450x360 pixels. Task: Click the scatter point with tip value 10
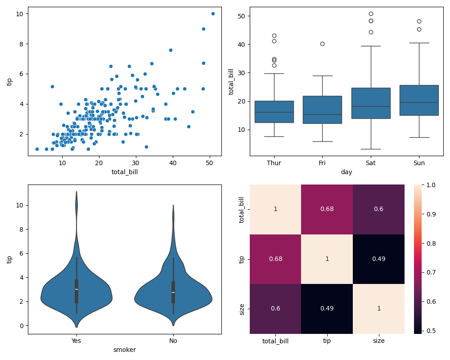pos(213,13)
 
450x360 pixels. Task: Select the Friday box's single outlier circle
pos(322,44)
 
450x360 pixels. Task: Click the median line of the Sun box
pos(419,102)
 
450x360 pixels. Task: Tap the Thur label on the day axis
pos(274,163)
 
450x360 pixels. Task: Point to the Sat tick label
pos(370,163)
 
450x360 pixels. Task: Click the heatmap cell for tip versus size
pos(378,259)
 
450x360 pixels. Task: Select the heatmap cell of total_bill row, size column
pos(378,209)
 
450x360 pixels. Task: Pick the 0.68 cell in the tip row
pos(275,259)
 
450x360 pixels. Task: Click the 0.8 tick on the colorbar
pos(428,243)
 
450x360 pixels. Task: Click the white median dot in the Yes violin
pos(76,289)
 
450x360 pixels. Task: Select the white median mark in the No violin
pos(173,292)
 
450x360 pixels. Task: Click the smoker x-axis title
pos(125,350)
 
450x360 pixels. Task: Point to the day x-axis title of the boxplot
pos(346,172)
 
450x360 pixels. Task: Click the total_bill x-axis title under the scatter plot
pos(125,172)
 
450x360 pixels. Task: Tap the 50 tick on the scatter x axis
pos(209,163)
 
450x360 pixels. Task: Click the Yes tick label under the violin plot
pos(76,341)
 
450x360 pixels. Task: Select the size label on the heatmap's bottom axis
pos(378,341)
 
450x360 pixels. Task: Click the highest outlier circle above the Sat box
pos(371,13)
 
